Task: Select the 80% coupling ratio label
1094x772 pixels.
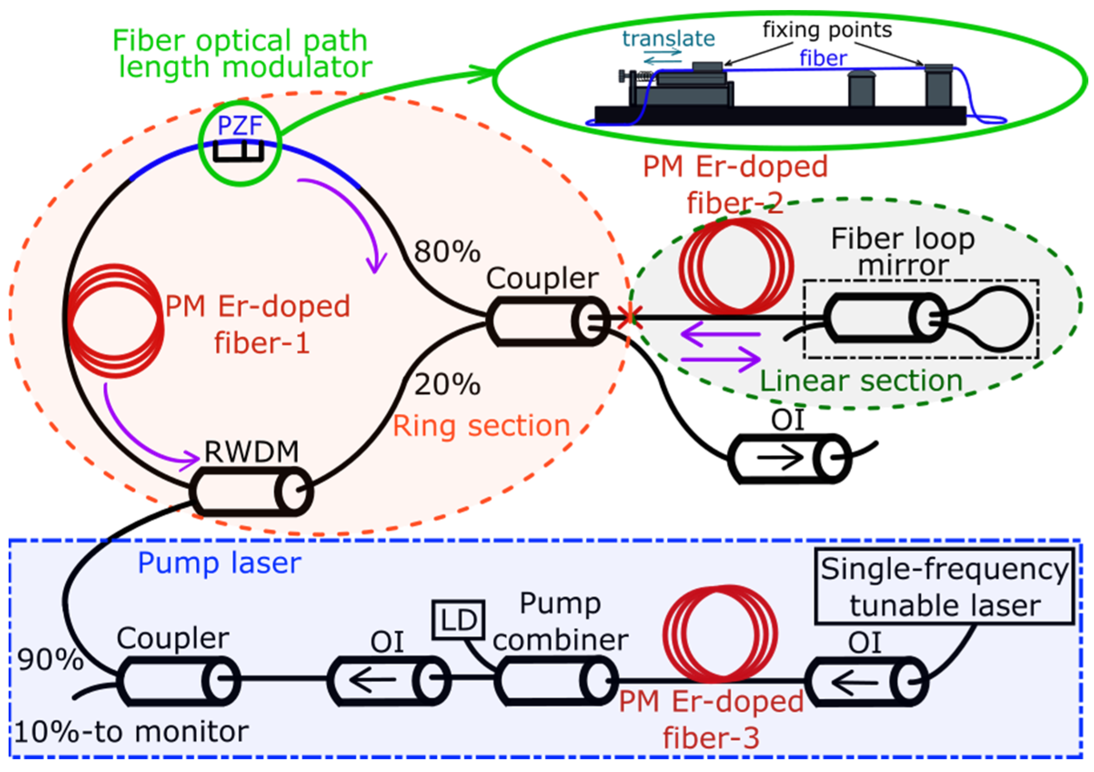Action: click(x=447, y=251)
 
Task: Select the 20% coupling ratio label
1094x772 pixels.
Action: click(x=447, y=384)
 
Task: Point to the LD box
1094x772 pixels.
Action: click(x=458, y=620)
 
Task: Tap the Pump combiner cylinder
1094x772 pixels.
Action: click(x=556, y=681)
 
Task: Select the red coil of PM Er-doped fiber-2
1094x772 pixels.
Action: click(x=736, y=266)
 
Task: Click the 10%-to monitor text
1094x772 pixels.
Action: click(x=131, y=732)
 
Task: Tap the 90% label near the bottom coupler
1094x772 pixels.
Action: click(x=50, y=660)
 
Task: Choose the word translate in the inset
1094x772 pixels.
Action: click(x=668, y=39)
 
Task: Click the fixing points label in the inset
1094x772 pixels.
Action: click(x=827, y=30)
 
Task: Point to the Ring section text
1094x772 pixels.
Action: click(x=481, y=426)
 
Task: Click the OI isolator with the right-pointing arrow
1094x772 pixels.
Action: click(x=789, y=458)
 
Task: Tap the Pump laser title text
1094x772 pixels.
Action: click(x=219, y=563)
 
